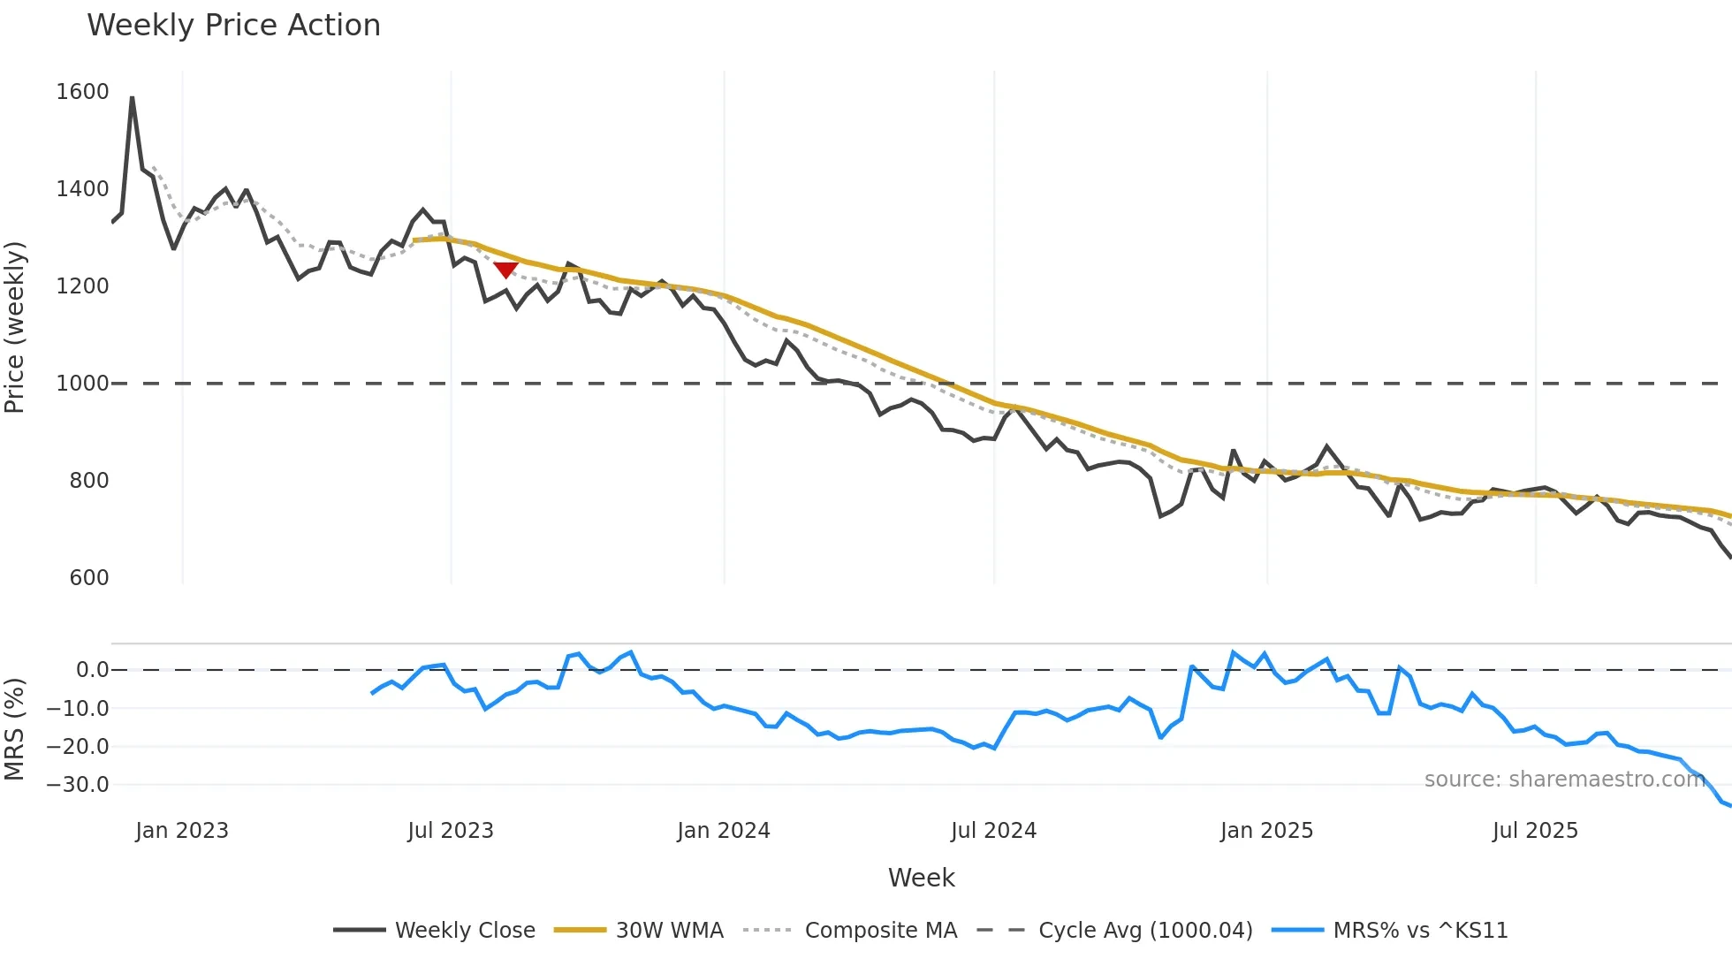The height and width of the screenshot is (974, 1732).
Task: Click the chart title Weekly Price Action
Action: click(x=233, y=26)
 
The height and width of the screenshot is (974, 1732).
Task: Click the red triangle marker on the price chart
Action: click(x=505, y=269)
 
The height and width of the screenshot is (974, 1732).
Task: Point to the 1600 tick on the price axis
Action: click(x=82, y=92)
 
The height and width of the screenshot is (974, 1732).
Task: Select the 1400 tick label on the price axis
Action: click(x=82, y=189)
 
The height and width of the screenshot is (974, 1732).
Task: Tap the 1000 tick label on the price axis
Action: click(x=82, y=384)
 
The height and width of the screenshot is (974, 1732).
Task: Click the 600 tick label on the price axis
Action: click(x=88, y=578)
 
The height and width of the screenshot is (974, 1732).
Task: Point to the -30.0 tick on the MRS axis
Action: click(x=78, y=785)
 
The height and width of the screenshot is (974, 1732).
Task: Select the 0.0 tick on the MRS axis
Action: click(x=92, y=670)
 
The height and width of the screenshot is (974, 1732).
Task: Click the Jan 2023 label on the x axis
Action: click(x=182, y=831)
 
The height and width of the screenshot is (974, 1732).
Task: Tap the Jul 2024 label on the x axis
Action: click(x=993, y=831)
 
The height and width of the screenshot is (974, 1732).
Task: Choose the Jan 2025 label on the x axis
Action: click(x=1266, y=831)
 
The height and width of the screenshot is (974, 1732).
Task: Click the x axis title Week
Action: click(x=921, y=878)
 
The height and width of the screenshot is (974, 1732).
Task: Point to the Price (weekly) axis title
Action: click(x=15, y=327)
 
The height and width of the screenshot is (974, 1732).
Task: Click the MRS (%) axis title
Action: click(x=15, y=729)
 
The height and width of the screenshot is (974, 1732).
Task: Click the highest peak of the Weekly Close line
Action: click(x=133, y=97)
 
